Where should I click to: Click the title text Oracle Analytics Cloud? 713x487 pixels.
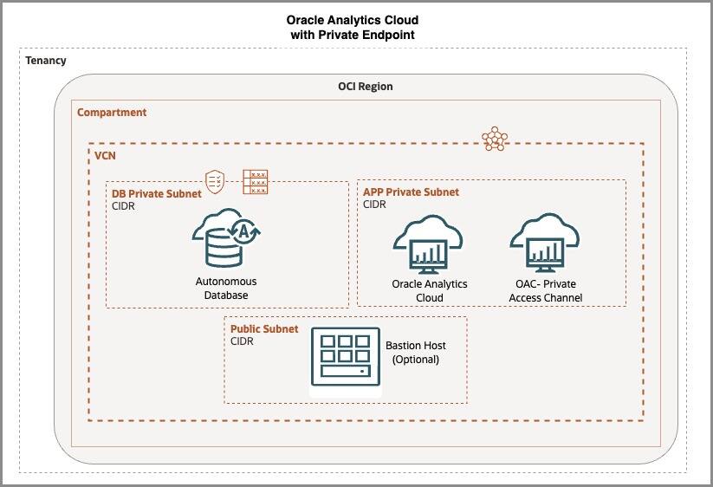coord(357,20)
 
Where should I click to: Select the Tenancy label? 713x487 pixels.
coord(46,61)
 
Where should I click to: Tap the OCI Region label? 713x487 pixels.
coord(365,87)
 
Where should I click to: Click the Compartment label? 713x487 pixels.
coord(112,113)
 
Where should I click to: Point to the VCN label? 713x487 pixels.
coord(107,157)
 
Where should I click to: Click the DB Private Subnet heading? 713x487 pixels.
coord(157,193)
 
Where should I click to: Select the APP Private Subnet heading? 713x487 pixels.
coord(412,192)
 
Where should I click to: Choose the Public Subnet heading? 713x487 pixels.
coord(264,329)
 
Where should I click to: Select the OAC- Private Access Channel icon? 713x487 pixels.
coord(545,243)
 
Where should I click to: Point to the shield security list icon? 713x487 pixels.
coord(215,179)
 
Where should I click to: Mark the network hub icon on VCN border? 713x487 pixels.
coord(494,139)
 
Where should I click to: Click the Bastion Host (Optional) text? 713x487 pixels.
coord(416,352)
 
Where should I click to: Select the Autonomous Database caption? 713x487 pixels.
coord(226,289)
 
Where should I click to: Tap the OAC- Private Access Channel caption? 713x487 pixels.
coord(546,291)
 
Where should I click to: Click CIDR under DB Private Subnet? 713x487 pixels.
coord(124,206)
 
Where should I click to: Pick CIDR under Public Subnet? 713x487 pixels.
coord(242,341)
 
